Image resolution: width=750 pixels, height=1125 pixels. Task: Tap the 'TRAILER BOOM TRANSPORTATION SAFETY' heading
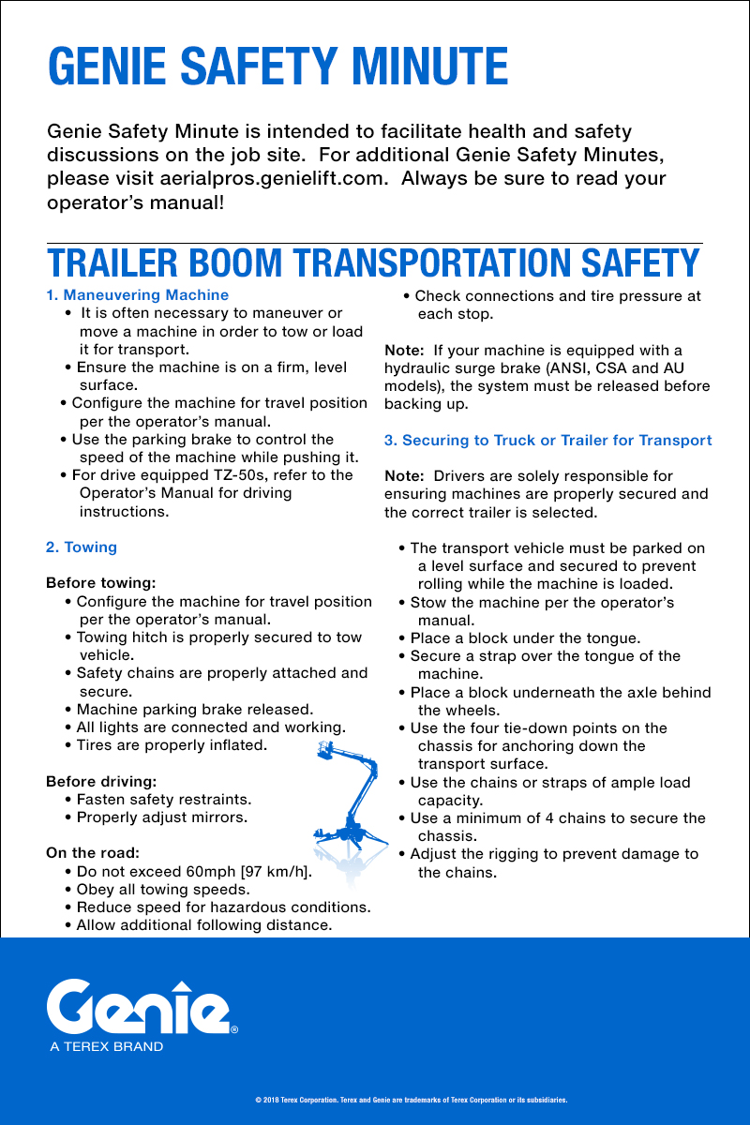[x=374, y=263]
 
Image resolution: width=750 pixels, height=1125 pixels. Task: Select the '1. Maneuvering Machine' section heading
[x=137, y=295]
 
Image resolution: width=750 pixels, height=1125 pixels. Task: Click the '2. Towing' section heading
[x=82, y=547]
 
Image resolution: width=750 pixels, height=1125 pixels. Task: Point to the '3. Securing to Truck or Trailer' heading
[x=547, y=440]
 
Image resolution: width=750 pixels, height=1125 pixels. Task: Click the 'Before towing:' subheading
[x=100, y=583]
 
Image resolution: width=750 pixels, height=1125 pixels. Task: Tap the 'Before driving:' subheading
[x=101, y=781]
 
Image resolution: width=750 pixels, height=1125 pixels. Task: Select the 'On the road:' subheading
[x=93, y=853]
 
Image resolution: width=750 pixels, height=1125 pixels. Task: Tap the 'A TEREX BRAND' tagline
[x=107, y=1046]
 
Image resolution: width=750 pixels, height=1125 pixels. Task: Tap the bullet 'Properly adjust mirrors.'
[x=161, y=817]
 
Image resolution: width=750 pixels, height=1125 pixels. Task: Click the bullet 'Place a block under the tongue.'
[x=525, y=638]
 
